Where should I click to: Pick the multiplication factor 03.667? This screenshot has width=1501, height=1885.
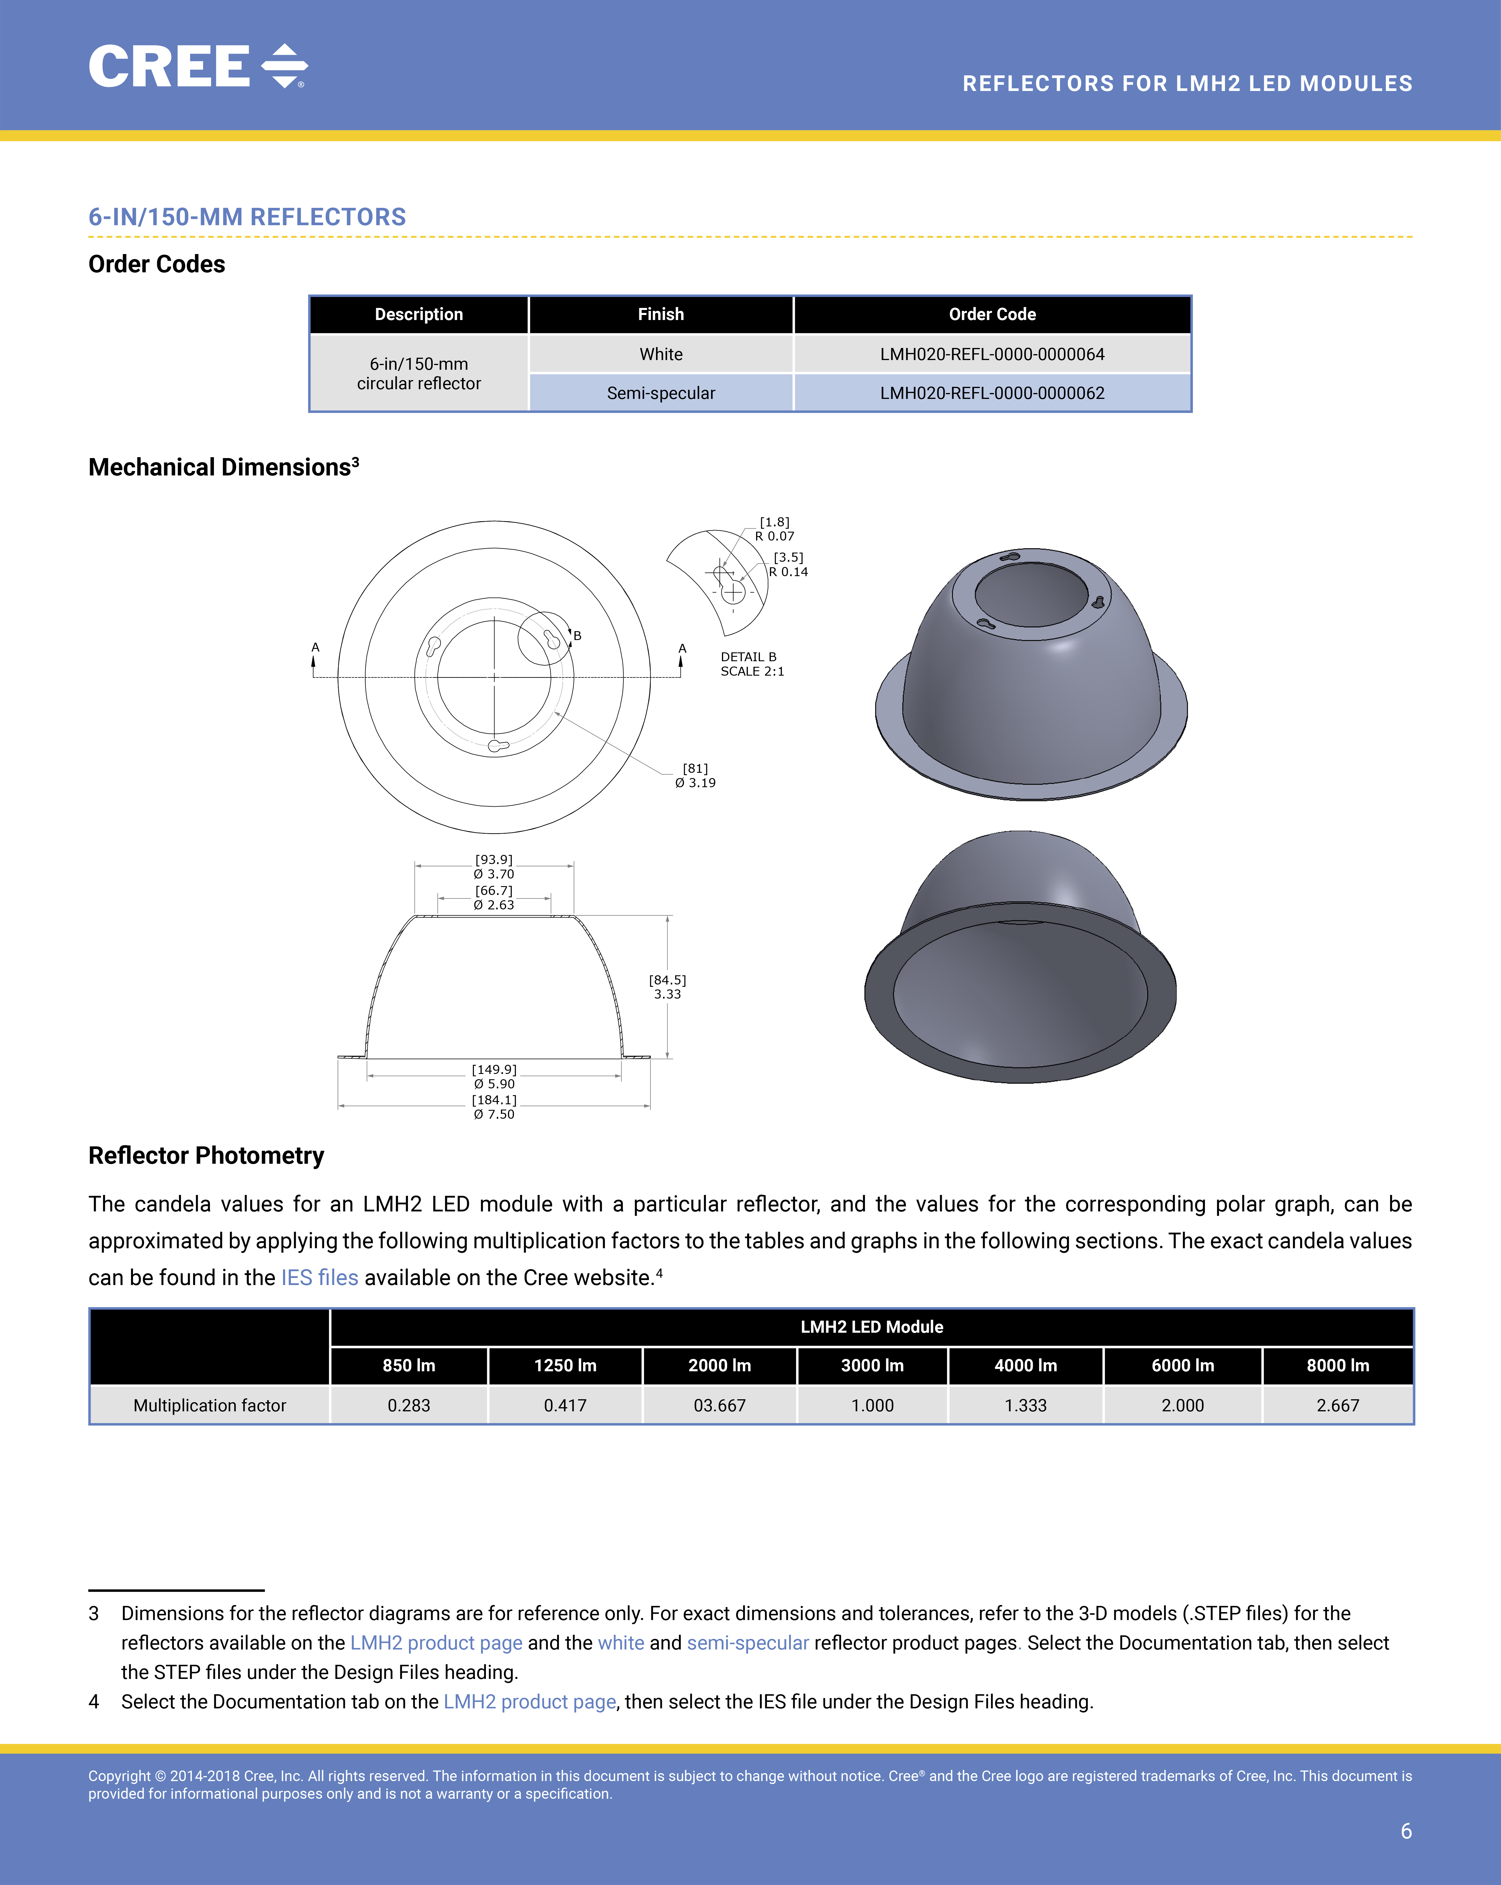click(720, 1405)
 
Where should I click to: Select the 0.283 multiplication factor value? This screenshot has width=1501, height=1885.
click(408, 1405)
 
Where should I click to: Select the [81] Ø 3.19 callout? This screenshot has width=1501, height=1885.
click(695, 775)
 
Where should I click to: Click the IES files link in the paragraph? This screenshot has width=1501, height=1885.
click(319, 1277)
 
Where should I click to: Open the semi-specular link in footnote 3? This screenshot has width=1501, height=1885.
click(748, 1643)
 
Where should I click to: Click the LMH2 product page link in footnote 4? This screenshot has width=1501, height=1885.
click(530, 1701)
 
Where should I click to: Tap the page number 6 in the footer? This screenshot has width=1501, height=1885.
click(1406, 1831)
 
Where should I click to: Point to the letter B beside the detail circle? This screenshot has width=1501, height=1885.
click(577, 636)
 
